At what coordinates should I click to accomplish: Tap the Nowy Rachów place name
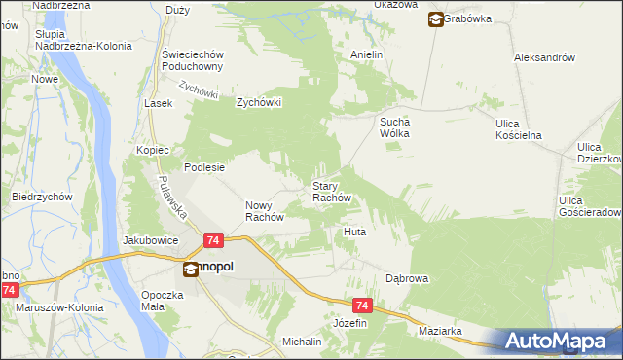(x=263, y=211)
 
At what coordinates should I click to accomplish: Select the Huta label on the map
(x=354, y=233)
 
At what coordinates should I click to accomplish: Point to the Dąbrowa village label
(x=406, y=278)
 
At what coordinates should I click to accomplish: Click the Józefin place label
(x=350, y=322)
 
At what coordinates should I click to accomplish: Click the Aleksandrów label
(x=545, y=57)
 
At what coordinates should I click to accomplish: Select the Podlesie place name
(x=205, y=166)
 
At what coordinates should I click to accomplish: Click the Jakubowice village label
(x=150, y=238)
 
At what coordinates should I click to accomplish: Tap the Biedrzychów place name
(x=43, y=196)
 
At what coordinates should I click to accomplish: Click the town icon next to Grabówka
(x=434, y=18)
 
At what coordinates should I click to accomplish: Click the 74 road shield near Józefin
(x=362, y=305)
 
